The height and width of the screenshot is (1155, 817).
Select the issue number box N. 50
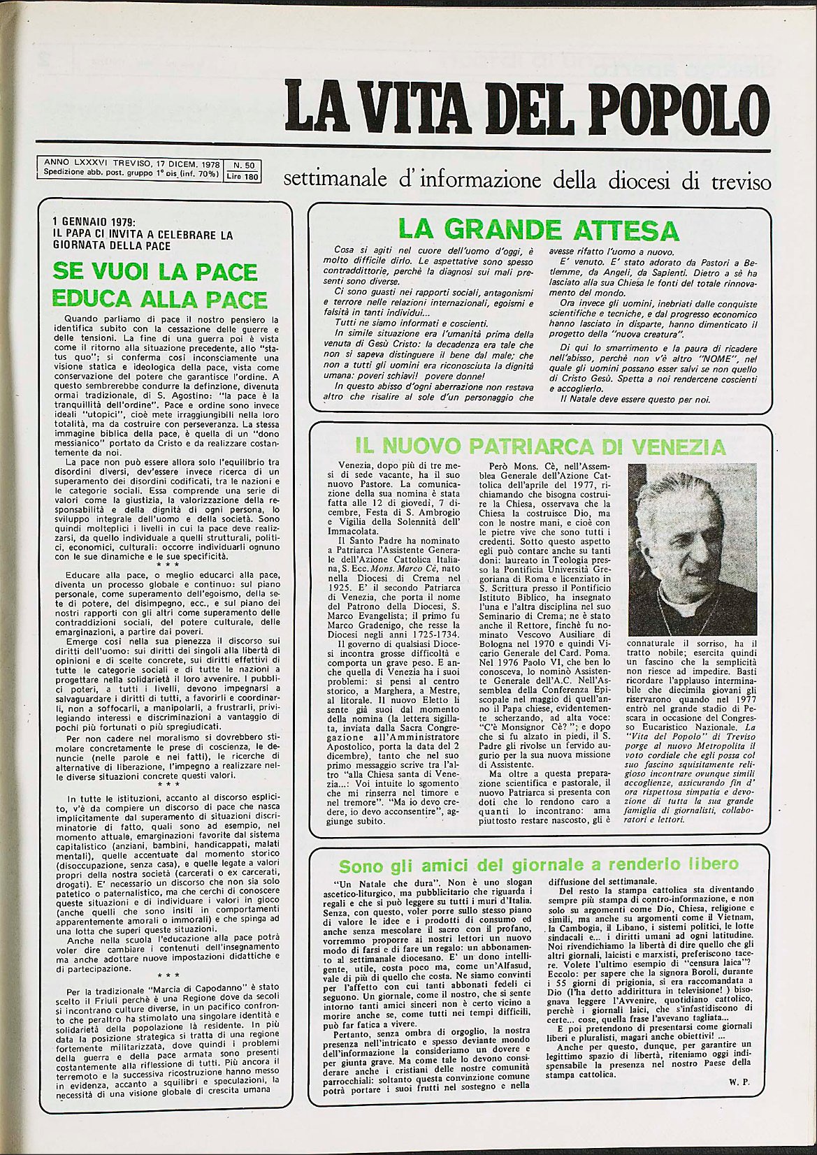pos(243,165)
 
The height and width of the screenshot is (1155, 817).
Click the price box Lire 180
pos(243,177)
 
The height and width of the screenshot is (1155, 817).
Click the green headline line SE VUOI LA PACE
pos(155,271)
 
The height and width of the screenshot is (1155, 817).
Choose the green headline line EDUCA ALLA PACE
pos(160,299)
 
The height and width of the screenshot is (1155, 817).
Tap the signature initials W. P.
pos(739,1100)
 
